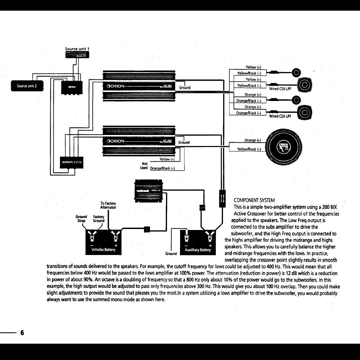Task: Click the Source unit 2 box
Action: (27, 86)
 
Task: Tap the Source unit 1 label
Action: (77, 49)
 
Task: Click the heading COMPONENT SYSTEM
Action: (254, 200)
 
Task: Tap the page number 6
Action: (22, 333)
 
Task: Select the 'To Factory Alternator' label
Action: (108, 205)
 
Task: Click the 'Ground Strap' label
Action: (82, 219)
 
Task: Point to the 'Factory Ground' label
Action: (99, 219)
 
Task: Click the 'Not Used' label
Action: (145, 165)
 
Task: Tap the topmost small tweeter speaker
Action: (296, 73)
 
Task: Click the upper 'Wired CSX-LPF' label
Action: (280, 89)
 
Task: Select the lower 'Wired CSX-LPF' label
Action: (280, 116)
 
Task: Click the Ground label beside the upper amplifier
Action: (185, 88)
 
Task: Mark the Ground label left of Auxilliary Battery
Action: (171, 254)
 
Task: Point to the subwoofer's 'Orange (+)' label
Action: (253, 140)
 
